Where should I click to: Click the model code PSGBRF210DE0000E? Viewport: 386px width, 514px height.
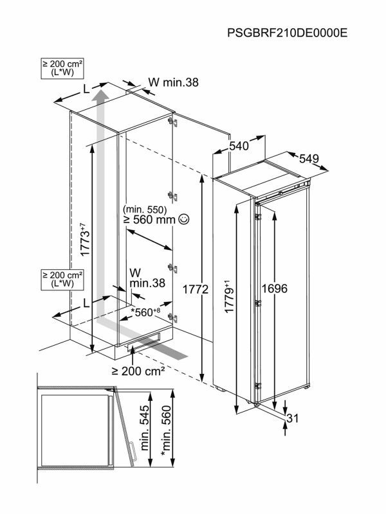[x=287, y=33]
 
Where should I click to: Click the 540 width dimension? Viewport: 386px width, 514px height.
[x=239, y=146]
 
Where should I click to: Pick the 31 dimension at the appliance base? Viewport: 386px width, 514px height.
[x=293, y=419]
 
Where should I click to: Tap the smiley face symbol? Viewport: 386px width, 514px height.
[x=184, y=220]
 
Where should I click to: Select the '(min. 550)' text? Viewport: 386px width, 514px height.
[x=145, y=209]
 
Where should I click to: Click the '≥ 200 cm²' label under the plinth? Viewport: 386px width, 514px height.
[x=138, y=371]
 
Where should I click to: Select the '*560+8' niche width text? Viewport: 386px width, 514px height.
[x=149, y=312]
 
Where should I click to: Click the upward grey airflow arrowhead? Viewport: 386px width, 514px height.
[x=100, y=96]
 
